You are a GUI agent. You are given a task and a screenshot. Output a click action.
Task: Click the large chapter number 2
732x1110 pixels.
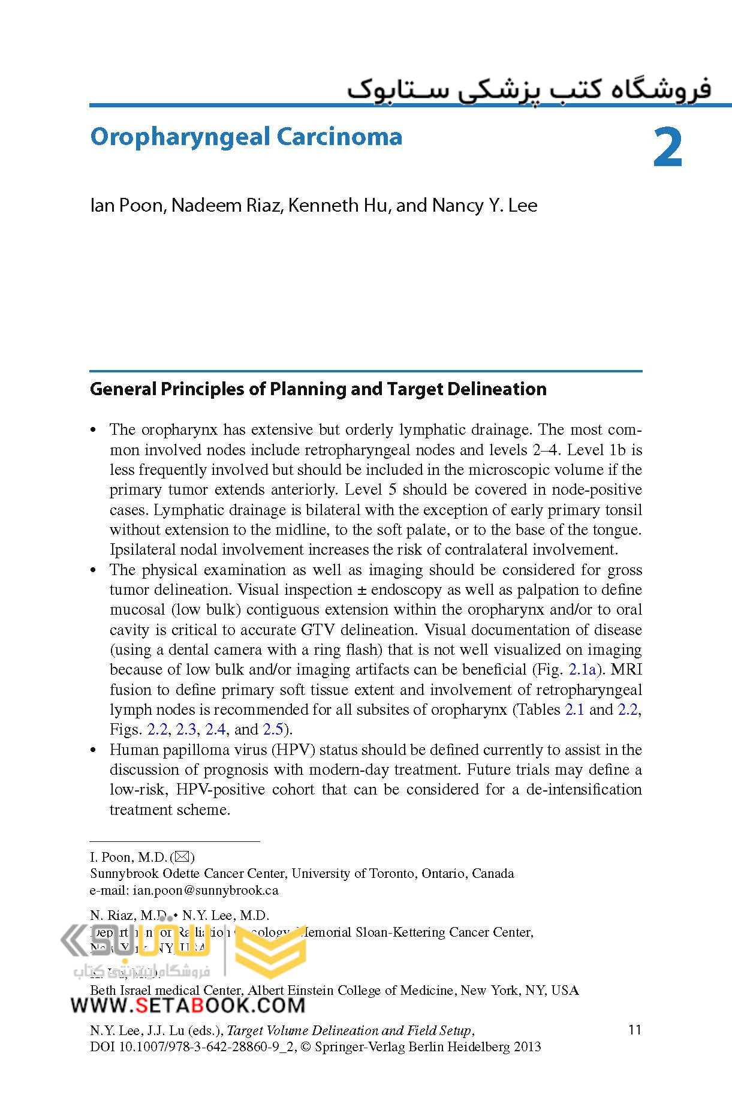[667, 148]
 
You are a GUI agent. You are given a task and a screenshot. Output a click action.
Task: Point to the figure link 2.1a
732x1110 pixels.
[582, 670]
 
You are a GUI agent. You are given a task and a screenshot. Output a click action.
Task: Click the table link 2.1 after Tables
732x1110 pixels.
[574, 710]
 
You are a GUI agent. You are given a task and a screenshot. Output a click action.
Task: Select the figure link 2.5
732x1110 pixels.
[273, 730]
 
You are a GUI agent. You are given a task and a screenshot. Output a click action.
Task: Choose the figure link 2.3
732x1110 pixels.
[186, 730]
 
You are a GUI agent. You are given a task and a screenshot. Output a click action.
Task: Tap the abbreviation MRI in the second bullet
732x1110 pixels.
[626, 670]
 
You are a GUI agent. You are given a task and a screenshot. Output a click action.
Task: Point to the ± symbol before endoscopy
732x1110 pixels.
[362, 590]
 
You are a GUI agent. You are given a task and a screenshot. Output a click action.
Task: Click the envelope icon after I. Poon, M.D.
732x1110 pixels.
[182, 857]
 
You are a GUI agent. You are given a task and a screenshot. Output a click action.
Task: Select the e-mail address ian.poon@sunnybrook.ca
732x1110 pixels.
[206, 891]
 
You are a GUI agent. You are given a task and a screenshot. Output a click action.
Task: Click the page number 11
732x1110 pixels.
[635, 1030]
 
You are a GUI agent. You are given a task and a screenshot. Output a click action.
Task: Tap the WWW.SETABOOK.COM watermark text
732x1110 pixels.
[188, 1006]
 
